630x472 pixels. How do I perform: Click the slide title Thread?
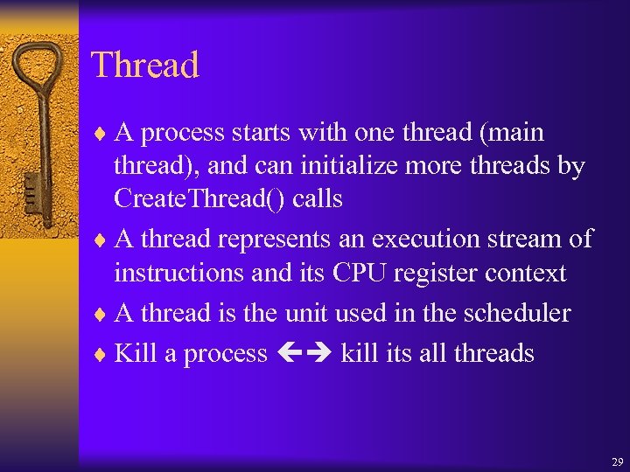click(145, 66)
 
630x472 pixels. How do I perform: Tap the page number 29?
click(617, 461)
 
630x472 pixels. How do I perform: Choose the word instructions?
click(180, 273)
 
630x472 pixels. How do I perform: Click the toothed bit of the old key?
click(31, 188)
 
